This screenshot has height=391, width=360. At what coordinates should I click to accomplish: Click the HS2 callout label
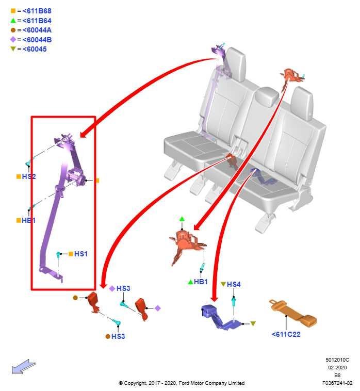29,176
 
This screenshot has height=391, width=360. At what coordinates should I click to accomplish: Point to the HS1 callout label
81,254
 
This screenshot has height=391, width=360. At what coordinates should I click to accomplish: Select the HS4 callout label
234,284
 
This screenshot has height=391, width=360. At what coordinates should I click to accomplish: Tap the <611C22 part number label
286,334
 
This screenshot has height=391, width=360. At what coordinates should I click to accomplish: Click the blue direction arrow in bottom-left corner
24,367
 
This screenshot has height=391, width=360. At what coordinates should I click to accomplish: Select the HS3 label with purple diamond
123,288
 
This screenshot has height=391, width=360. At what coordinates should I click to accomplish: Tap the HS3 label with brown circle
118,336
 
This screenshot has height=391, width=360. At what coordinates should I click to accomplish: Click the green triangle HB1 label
201,282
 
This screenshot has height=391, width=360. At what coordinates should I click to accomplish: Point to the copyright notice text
181,383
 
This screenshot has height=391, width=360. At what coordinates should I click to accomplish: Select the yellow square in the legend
13,11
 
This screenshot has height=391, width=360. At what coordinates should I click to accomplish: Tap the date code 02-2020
337,368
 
